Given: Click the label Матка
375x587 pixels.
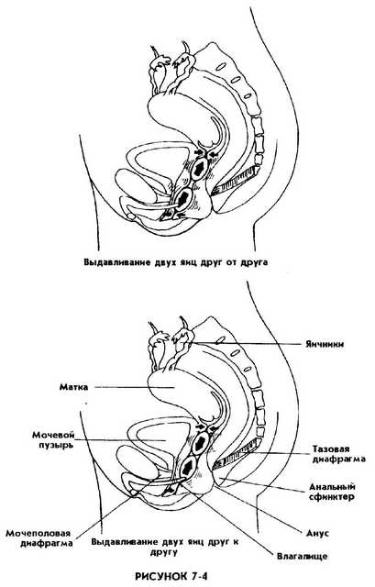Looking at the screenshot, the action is pos(73,387).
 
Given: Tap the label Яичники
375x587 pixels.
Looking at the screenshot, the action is pos(324,344).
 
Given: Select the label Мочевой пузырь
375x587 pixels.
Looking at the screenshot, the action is pos(53,440).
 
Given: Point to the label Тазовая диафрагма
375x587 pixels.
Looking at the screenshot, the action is pos(338,454).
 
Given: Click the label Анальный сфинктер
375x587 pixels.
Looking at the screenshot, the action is pos(332,492).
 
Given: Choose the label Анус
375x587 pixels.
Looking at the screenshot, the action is pos(317,533).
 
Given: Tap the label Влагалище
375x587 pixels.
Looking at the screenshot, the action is pos(302,556).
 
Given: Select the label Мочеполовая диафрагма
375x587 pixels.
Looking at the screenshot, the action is pos(39,538).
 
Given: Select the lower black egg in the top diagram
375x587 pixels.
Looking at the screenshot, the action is pos(183,198).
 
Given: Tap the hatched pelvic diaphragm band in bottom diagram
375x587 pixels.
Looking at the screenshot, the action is pos(236,454).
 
